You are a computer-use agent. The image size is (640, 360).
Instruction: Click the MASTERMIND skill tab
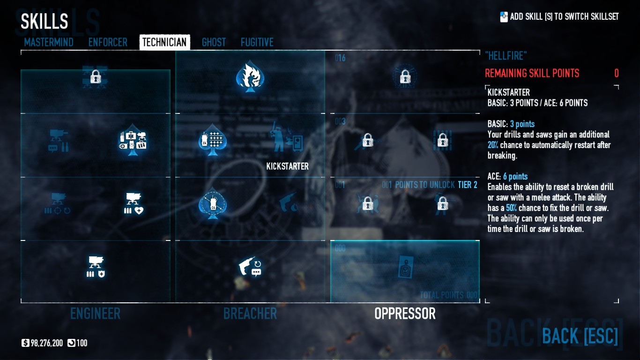[x=49, y=42]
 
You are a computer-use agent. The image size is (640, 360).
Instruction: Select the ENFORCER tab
[x=108, y=42]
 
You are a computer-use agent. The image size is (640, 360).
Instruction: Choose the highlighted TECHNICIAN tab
[x=164, y=42]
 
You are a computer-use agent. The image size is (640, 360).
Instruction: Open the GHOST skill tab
[x=214, y=42]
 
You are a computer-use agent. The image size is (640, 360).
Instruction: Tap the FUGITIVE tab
[x=257, y=42]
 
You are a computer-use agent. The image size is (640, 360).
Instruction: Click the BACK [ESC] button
[x=580, y=336]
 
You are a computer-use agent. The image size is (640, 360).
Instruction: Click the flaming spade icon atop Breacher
[x=250, y=77]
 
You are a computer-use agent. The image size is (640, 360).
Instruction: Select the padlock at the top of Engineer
[x=96, y=76]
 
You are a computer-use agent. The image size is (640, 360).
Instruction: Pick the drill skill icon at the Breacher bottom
[x=250, y=267]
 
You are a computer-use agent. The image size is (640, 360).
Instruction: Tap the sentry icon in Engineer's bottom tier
[x=96, y=267]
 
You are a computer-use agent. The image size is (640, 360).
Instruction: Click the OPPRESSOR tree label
[x=405, y=314]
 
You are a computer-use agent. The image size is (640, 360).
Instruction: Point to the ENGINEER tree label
[x=95, y=314]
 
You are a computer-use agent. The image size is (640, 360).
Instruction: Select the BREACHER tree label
[x=250, y=314]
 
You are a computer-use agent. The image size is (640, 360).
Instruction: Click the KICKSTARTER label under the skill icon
[x=287, y=166]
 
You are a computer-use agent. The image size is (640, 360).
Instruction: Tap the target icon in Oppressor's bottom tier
[x=405, y=267]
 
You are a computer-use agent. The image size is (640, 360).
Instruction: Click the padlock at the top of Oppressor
[x=405, y=77]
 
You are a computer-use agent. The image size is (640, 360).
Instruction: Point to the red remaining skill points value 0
[x=616, y=74]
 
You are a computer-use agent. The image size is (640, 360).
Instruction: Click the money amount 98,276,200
[x=47, y=343]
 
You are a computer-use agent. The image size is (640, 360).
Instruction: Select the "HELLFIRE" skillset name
[x=506, y=56]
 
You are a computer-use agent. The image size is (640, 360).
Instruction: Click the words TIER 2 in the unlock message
[x=467, y=185]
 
